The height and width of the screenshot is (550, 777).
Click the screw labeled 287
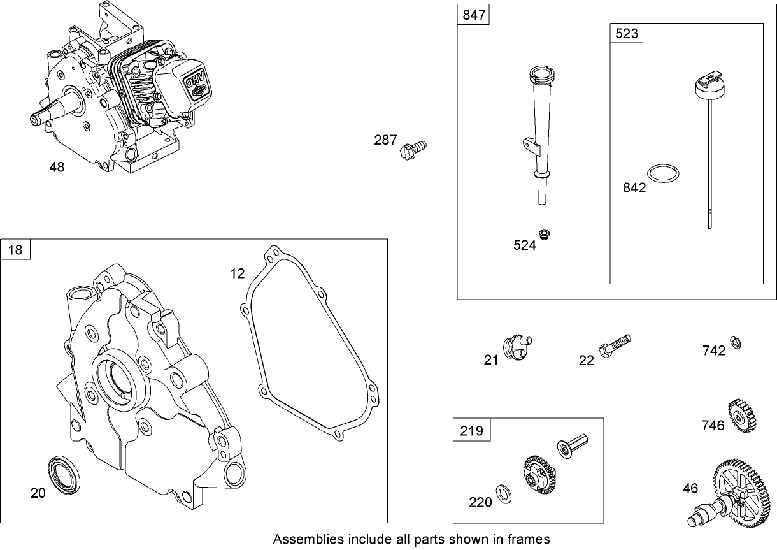pyautogui.click(x=411, y=150)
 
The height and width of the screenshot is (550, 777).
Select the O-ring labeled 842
pyautogui.click(x=663, y=173)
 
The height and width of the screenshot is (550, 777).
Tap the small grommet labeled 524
pyautogui.click(x=544, y=235)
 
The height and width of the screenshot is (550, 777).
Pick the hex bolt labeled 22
pyautogui.click(x=614, y=345)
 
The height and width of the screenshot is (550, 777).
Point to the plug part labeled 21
pyautogui.click(x=517, y=347)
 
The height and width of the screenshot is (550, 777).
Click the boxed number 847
pyautogui.click(x=473, y=15)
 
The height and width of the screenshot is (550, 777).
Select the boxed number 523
pyautogui.click(x=626, y=33)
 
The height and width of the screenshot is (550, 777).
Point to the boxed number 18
pyautogui.click(x=15, y=249)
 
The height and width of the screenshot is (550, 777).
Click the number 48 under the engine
pyautogui.click(x=57, y=167)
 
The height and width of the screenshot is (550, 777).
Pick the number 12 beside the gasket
pyautogui.click(x=237, y=273)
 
